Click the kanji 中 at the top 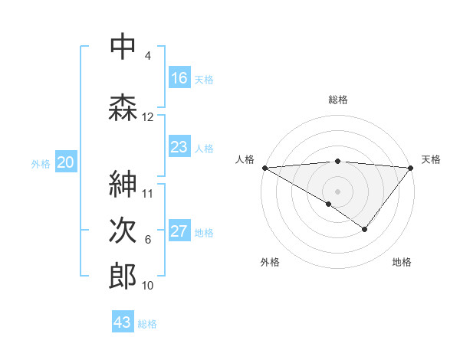[123, 47]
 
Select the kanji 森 [123, 107]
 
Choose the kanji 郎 [123, 276]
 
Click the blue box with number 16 [179, 78]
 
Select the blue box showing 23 [179, 147]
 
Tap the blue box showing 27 [179, 232]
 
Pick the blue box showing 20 [66, 162]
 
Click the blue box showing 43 [123, 322]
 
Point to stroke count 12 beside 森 [148, 117]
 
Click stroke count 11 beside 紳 [148, 193]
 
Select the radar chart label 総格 [338, 100]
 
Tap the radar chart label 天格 [431, 159]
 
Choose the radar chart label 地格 [402, 263]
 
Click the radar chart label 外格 [270, 263]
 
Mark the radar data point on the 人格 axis [264, 167]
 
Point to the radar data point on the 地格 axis [365, 229]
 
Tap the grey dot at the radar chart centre [337, 191]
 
